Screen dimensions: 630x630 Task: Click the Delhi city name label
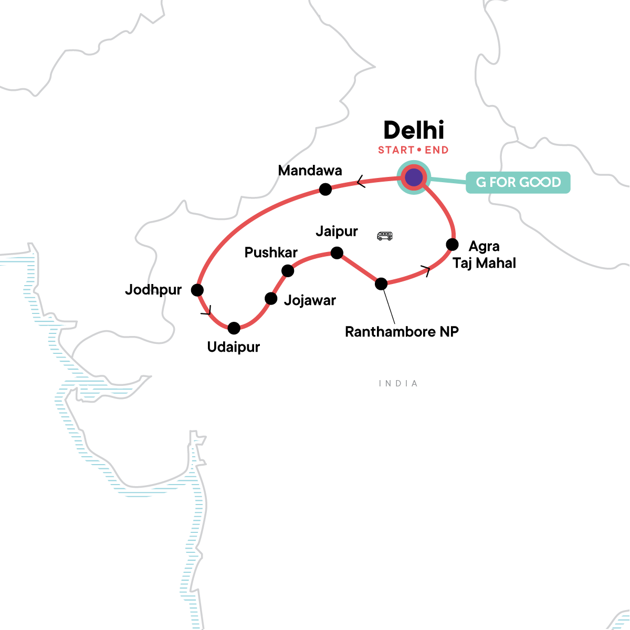(414, 131)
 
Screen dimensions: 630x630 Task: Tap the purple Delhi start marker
(414, 178)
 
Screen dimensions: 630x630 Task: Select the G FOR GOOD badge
(518, 183)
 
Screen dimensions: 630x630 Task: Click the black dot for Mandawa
(325, 190)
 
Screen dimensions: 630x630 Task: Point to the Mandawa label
(310, 171)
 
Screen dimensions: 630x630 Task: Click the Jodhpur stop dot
(197, 290)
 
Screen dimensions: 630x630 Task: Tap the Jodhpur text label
(153, 290)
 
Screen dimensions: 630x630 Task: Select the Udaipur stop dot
(234, 328)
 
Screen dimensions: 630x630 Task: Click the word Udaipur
(234, 347)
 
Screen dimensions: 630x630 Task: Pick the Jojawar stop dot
(271, 299)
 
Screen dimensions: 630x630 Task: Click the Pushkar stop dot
(288, 271)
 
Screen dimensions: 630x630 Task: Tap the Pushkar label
(271, 253)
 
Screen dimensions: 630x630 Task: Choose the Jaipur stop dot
(337, 253)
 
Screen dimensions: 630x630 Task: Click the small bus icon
(385, 236)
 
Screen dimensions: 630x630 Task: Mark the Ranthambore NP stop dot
(381, 284)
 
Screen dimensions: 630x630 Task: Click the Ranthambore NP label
(402, 332)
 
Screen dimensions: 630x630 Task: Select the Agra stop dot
(452, 245)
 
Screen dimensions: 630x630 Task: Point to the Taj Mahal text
(484, 263)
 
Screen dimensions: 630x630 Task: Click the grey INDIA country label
(398, 384)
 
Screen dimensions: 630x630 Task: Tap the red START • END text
(413, 151)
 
